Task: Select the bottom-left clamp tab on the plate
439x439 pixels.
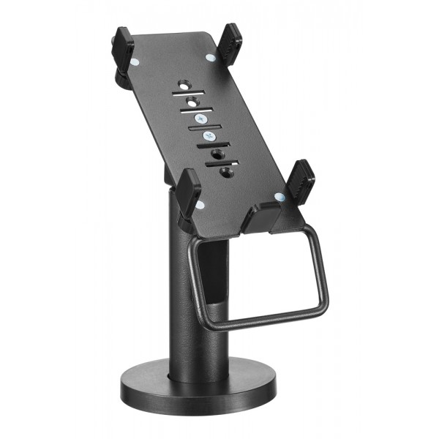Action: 188,192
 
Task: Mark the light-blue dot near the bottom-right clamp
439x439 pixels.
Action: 279,196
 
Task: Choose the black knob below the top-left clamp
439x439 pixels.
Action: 121,77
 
